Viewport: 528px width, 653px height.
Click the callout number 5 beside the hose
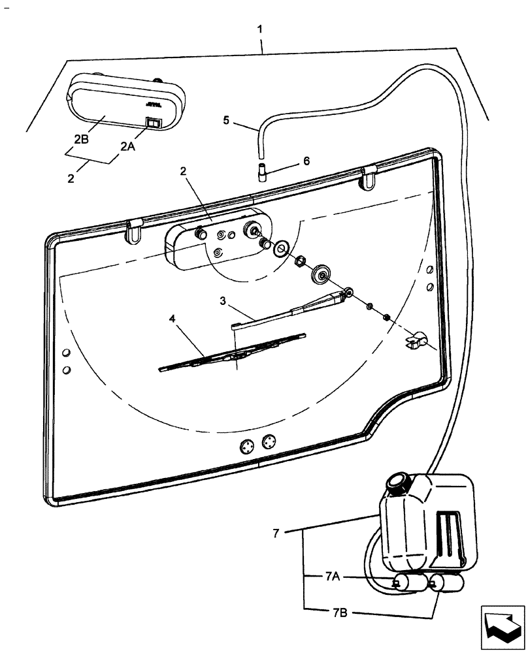click(226, 119)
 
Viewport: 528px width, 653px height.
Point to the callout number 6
click(306, 160)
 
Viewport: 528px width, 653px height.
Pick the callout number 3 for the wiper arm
click(223, 301)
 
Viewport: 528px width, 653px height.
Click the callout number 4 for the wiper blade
click(173, 319)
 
